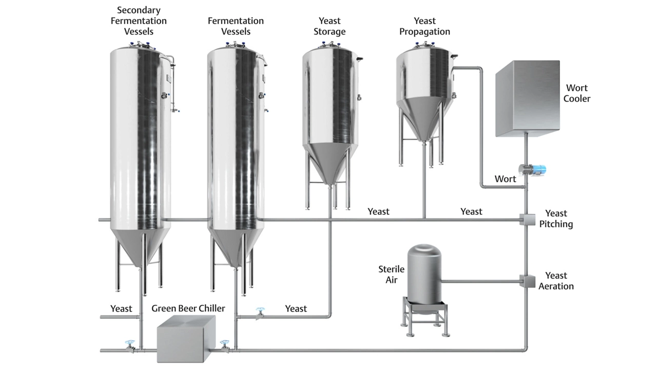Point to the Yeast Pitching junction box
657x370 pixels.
(527, 219)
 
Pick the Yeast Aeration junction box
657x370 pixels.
(527, 281)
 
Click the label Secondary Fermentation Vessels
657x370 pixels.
(139, 21)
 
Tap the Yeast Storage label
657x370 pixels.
(330, 26)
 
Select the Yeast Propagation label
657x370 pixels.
(424, 26)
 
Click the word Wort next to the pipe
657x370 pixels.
(505, 179)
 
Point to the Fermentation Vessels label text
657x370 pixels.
(236, 26)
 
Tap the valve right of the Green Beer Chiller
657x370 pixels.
(224, 346)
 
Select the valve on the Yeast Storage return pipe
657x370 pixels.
(260, 313)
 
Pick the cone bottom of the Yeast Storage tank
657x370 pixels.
(328, 162)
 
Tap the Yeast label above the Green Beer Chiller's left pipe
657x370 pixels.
(121, 308)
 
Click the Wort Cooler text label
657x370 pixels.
(576, 93)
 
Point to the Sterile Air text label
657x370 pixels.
(391, 274)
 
